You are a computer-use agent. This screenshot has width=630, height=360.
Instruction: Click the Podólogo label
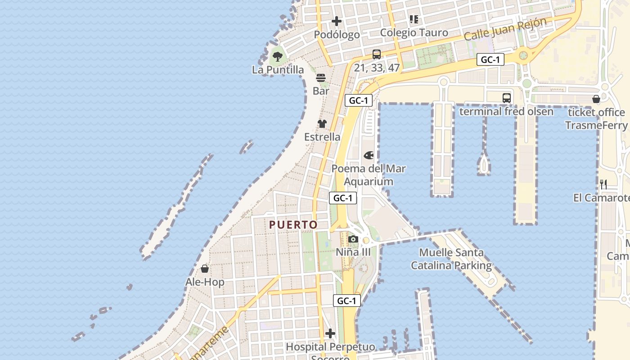(337, 35)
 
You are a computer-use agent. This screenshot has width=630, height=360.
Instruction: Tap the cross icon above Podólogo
(337, 21)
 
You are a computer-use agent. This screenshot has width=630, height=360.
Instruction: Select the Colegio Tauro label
(414, 32)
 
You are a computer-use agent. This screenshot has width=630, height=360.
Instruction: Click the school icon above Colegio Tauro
(414, 19)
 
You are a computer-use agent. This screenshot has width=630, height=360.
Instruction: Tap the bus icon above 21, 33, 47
(377, 54)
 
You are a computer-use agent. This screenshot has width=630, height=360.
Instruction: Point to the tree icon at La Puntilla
(278, 57)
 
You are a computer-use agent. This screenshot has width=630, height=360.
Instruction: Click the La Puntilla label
(278, 70)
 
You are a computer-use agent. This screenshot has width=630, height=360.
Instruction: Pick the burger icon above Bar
(321, 77)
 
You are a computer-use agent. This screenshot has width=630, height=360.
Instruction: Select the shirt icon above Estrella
(322, 124)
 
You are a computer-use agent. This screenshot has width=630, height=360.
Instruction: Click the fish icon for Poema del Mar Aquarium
(369, 156)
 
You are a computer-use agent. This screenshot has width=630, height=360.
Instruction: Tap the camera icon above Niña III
(353, 239)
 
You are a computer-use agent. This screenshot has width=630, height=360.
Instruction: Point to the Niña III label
(353, 252)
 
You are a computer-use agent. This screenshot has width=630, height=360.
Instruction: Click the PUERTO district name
(293, 225)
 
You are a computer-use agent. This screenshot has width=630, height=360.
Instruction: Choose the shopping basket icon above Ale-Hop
(205, 269)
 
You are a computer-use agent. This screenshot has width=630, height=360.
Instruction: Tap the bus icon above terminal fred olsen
(507, 98)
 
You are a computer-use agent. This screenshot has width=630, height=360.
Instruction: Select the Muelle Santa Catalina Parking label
(451, 259)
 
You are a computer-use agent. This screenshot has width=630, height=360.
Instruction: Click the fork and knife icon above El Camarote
(603, 184)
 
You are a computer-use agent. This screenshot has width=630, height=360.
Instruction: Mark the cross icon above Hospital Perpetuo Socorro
(330, 333)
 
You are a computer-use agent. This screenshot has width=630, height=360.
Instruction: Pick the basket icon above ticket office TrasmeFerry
(596, 99)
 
